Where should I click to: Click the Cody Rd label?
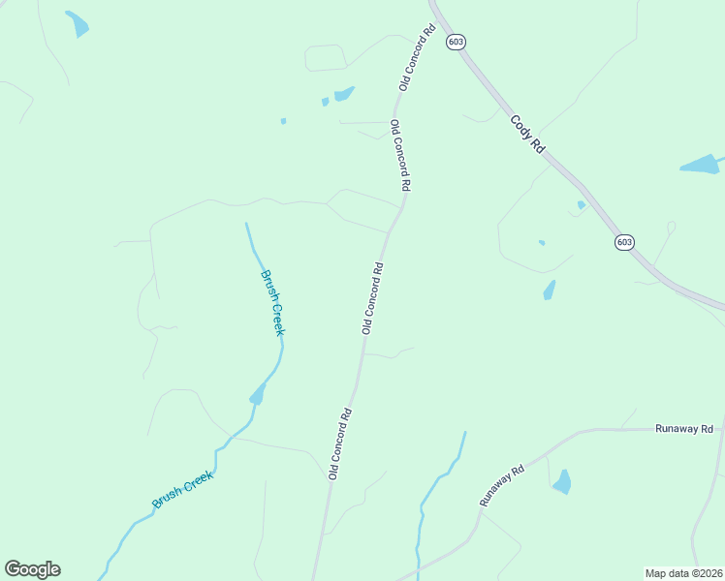coord(527,135)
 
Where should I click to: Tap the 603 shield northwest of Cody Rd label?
coord(455,43)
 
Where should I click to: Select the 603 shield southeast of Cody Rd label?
coord(624,242)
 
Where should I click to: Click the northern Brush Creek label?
coord(274,302)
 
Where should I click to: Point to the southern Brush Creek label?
coord(182,489)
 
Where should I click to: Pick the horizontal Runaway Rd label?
coord(683,428)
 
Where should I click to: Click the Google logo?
coord(32,569)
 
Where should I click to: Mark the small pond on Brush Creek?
coord(258,394)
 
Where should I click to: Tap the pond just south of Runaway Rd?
coord(561,482)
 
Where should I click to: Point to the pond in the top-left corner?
coord(77,24)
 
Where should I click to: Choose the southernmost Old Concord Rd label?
coord(339,443)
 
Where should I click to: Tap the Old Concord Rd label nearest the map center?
coord(374,297)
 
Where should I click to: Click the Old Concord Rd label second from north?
coord(401,155)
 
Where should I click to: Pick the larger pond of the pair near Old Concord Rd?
coord(343,94)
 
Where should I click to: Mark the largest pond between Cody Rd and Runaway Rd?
coord(550,290)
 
